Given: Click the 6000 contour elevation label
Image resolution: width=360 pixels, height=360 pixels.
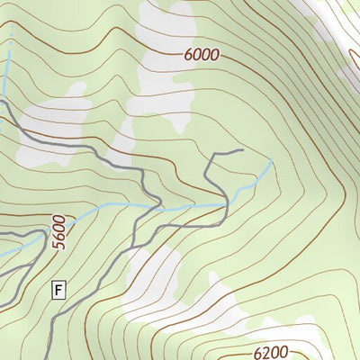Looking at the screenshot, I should point(201,54).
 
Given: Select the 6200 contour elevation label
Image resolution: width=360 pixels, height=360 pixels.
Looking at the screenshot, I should point(272,352).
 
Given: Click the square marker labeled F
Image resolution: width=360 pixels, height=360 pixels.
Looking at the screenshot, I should point(59,290).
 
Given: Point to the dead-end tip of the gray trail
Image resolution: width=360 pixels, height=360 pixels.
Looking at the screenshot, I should point(243,150).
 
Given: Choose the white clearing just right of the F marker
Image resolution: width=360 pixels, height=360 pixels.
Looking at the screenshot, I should point(153,270).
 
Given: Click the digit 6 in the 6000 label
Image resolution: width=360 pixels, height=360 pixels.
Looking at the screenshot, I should point(187,54).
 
